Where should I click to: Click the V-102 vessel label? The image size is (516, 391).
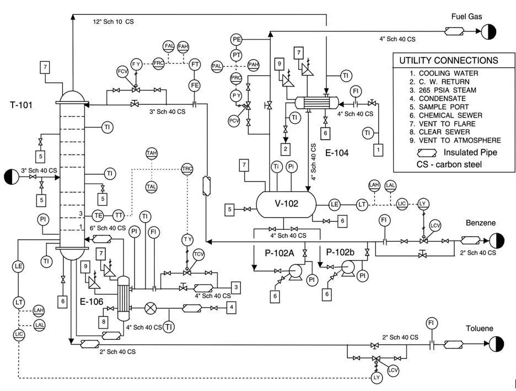click(286, 203)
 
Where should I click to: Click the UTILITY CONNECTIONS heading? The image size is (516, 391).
click(448, 60)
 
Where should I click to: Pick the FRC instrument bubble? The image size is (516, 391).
click(159, 64)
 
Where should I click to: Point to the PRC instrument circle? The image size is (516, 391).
click(237, 78)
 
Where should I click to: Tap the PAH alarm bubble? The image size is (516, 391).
click(254, 65)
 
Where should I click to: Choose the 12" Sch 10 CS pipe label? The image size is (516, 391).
click(113, 22)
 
